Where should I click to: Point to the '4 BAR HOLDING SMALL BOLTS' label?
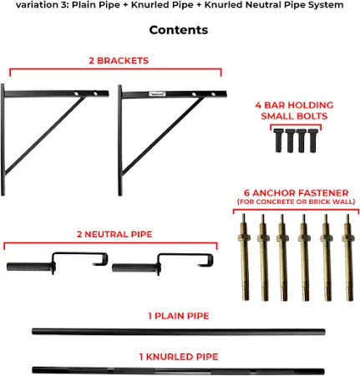coord(293,110)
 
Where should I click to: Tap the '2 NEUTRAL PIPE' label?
coord(109,235)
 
